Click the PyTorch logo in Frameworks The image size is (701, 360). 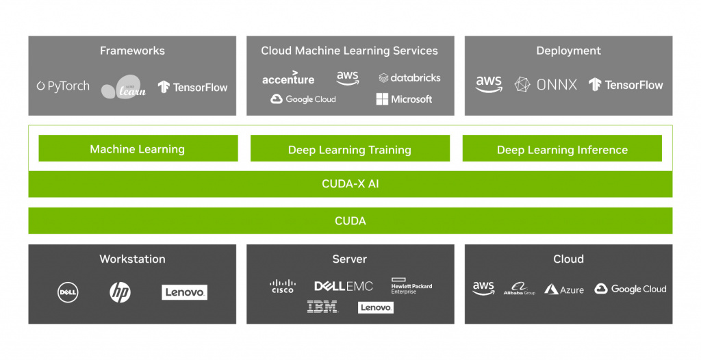[63, 86]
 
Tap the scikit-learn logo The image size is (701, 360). [124, 87]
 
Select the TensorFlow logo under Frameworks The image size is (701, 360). [192, 87]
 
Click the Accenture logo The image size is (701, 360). [288, 78]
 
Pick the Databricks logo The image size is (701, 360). [409, 78]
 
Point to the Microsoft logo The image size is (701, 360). [404, 99]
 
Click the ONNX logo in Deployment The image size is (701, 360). [546, 84]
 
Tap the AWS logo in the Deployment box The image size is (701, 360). [489, 83]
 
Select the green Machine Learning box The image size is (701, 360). [138, 148]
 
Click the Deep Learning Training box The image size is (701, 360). [350, 149]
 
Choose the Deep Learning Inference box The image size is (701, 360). [562, 149]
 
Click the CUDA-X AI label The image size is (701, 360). [350, 184]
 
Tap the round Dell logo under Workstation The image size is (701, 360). [68, 292]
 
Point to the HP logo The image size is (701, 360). [120, 292]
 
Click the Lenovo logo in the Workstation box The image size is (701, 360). [184, 292]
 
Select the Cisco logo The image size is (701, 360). [283, 286]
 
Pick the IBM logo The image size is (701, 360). [323, 307]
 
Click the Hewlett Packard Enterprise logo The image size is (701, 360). [411, 286]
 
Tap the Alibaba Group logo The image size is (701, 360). [520, 288]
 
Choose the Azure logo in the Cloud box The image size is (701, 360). [564, 290]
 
